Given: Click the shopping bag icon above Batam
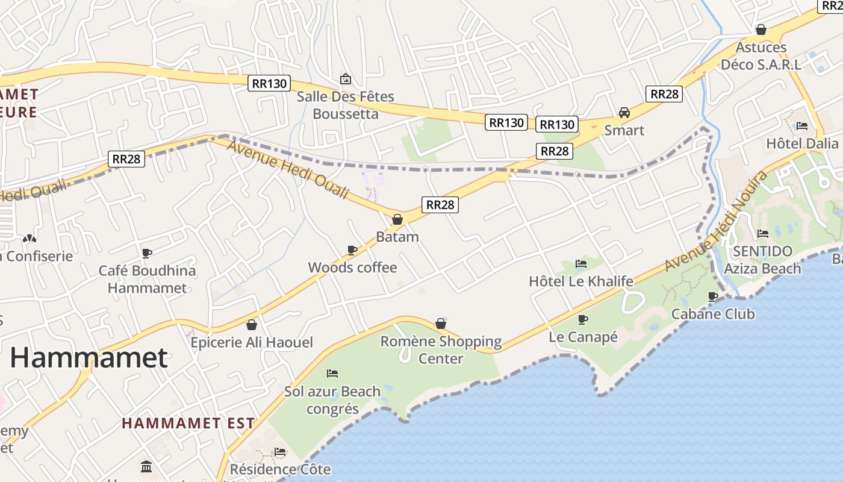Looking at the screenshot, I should coord(397,219).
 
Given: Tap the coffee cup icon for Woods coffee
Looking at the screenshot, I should coord(352,250).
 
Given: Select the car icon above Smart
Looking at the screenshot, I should coord(624,113).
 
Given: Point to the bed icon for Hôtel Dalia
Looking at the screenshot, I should coord(801,126).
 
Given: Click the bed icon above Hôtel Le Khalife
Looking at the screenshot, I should coord(580,264).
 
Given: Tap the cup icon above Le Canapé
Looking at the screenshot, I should coord(582,319).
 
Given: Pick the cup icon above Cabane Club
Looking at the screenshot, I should coord(713,296).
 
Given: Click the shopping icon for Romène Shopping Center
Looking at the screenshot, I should coord(441,324).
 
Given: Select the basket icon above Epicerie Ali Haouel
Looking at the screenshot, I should coord(252,325).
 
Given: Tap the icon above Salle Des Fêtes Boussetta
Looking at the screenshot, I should coord(346,79).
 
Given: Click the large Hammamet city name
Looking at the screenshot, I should coord(89,358).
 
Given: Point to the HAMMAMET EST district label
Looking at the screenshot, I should coord(188,423).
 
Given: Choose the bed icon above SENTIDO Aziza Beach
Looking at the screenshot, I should coord(763,234).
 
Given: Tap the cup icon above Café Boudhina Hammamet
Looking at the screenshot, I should coord(147,253).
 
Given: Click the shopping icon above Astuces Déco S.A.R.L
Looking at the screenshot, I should coord(761,30).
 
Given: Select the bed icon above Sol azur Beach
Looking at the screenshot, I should coord(332,374).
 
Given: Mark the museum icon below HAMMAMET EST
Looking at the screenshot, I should coord(146,467).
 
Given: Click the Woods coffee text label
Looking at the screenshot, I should coord(352,268).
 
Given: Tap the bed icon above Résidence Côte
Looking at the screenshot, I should coord(280,452).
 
